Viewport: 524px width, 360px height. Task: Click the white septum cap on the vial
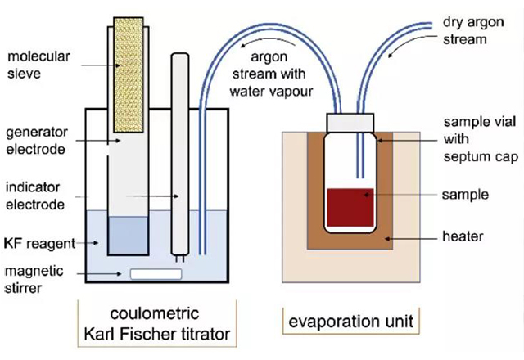[351, 120]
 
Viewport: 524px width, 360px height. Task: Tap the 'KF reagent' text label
[42, 244]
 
